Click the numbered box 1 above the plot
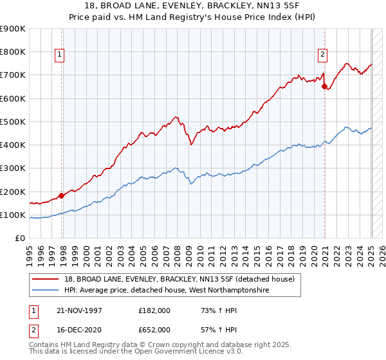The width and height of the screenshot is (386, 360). pyautogui.click(x=59, y=55)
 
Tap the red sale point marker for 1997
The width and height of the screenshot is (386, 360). pyautogui.click(x=62, y=195)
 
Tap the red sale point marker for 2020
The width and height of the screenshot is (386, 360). pyautogui.click(x=324, y=86)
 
